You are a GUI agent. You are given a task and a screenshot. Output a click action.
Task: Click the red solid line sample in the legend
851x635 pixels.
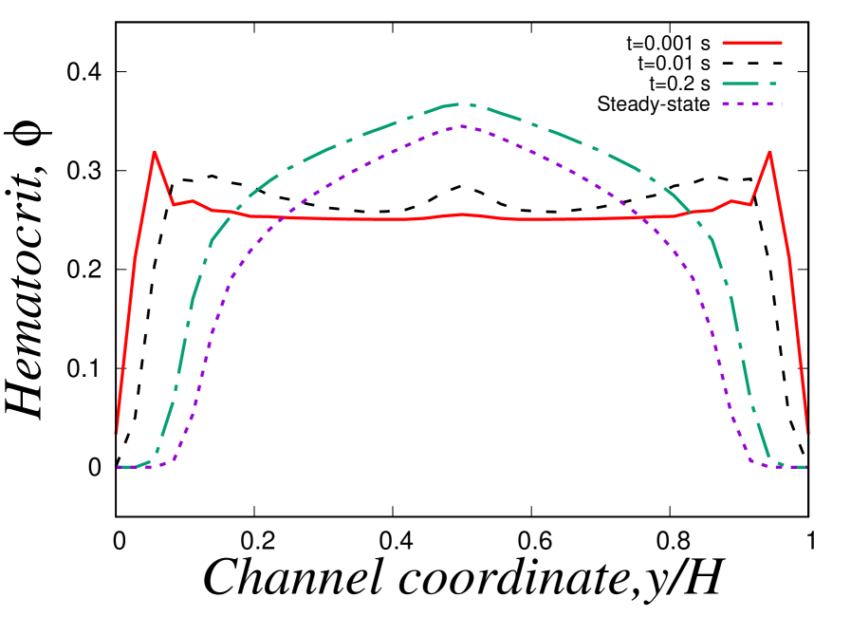[751, 43]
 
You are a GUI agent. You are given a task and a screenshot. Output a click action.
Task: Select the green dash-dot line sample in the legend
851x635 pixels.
[746, 84]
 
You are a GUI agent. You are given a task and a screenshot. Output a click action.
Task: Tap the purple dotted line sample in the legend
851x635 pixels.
[751, 103]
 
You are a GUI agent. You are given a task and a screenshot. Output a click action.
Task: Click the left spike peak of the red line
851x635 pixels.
[155, 152]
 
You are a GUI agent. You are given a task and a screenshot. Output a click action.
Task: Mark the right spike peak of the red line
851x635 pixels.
[769, 151]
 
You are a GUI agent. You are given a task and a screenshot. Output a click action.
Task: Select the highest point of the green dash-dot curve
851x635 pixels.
[462, 103]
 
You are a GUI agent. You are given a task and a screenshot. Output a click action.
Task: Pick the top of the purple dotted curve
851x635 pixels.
[462, 125]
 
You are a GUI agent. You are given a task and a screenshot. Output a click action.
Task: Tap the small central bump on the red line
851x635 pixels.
[463, 215]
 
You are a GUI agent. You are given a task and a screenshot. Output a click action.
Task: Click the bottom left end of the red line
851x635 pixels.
[116, 433]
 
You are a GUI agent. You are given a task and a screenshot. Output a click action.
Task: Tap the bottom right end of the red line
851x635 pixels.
[807, 433]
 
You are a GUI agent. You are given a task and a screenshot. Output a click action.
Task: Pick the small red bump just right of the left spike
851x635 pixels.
[193, 200]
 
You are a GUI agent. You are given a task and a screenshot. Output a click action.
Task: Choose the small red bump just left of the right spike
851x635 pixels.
[731, 200]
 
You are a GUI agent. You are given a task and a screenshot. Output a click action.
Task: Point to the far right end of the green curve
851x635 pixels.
[805, 467]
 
